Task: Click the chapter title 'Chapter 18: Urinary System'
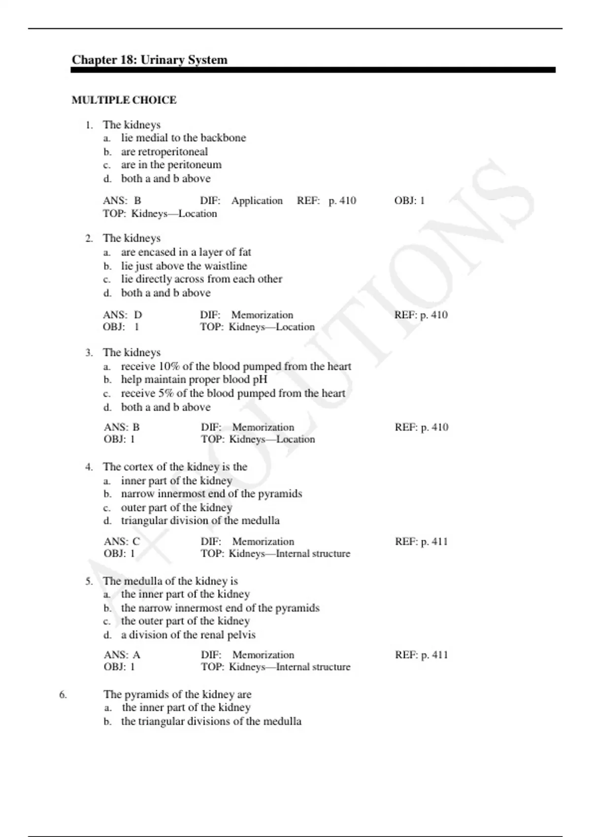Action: pos(149,60)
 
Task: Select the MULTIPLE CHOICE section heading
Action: pos(124,100)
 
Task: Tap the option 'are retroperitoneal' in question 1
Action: pos(164,152)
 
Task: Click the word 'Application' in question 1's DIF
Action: pos(257,200)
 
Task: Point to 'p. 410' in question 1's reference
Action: pos(342,200)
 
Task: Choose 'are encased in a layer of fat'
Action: pos(186,252)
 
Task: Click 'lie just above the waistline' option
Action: pos(184,266)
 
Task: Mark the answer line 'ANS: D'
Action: pos(123,315)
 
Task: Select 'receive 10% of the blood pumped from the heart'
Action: pos(236,366)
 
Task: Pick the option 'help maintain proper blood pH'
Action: pos(194,380)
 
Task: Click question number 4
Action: pos(89,467)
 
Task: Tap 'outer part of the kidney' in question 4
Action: pos(176,507)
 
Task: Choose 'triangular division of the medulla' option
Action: pos(200,520)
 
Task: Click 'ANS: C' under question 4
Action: pos(122,541)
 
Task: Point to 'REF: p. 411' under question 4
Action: pos(421,542)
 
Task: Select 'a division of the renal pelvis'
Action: pos(188,635)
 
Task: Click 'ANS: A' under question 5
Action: pos(122,655)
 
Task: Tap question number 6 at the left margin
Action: pos(63,695)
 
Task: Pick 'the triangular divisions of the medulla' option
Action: pos(211,721)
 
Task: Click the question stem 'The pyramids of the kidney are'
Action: pos(177,694)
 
